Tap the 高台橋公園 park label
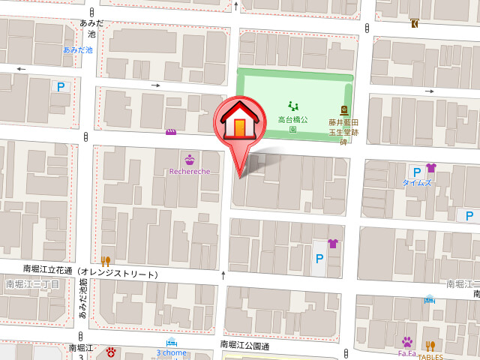click(x=292, y=124)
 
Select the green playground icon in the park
click(x=292, y=106)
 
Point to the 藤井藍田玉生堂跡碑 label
click(x=343, y=131)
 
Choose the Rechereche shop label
click(x=189, y=171)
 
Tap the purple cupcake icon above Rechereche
click(x=189, y=159)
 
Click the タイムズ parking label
click(x=416, y=182)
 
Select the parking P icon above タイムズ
click(x=415, y=172)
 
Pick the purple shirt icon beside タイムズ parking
click(x=430, y=168)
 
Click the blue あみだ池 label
click(x=77, y=49)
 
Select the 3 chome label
click(x=171, y=352)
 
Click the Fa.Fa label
click(x=406, y=353)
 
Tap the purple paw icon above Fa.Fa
click(x=407, y=342)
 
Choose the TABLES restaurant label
click(x=430, y=355)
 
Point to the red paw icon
click(x=111, y=351)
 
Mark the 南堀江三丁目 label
click(x=32, y=284)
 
